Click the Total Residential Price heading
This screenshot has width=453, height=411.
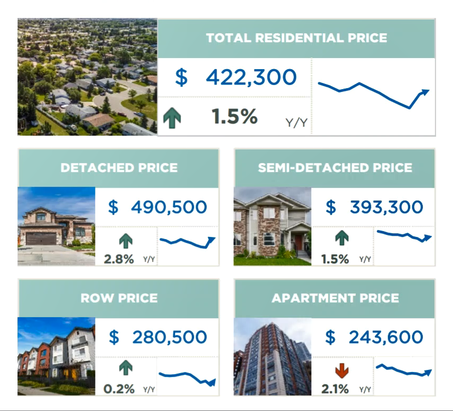(x=296, y=38)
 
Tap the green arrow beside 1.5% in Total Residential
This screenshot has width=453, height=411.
(x=172, y=118)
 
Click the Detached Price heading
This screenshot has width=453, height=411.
(x=119, y=168)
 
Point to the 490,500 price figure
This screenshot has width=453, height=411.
(x=169, y=207)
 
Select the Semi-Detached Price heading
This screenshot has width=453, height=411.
(x=335, y=168)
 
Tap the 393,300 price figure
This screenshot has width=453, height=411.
(x=386, y=207)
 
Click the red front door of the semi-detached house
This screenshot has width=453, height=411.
(x=298, y=242)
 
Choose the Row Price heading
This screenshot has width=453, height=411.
(x=119, y=298)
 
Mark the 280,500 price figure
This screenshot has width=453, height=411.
(x=169, y=337)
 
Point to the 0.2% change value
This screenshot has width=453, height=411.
(x=119, y=389)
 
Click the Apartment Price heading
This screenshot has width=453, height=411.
(x=335, y=298)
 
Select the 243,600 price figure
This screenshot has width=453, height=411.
(x=386, y=337)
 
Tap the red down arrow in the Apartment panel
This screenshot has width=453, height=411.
(x=342, y=370)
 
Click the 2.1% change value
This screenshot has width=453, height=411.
(x=335, y=389)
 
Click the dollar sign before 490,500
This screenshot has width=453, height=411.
(x=113, y=207)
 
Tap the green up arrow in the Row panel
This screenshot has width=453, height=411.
(x=126, y=368)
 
